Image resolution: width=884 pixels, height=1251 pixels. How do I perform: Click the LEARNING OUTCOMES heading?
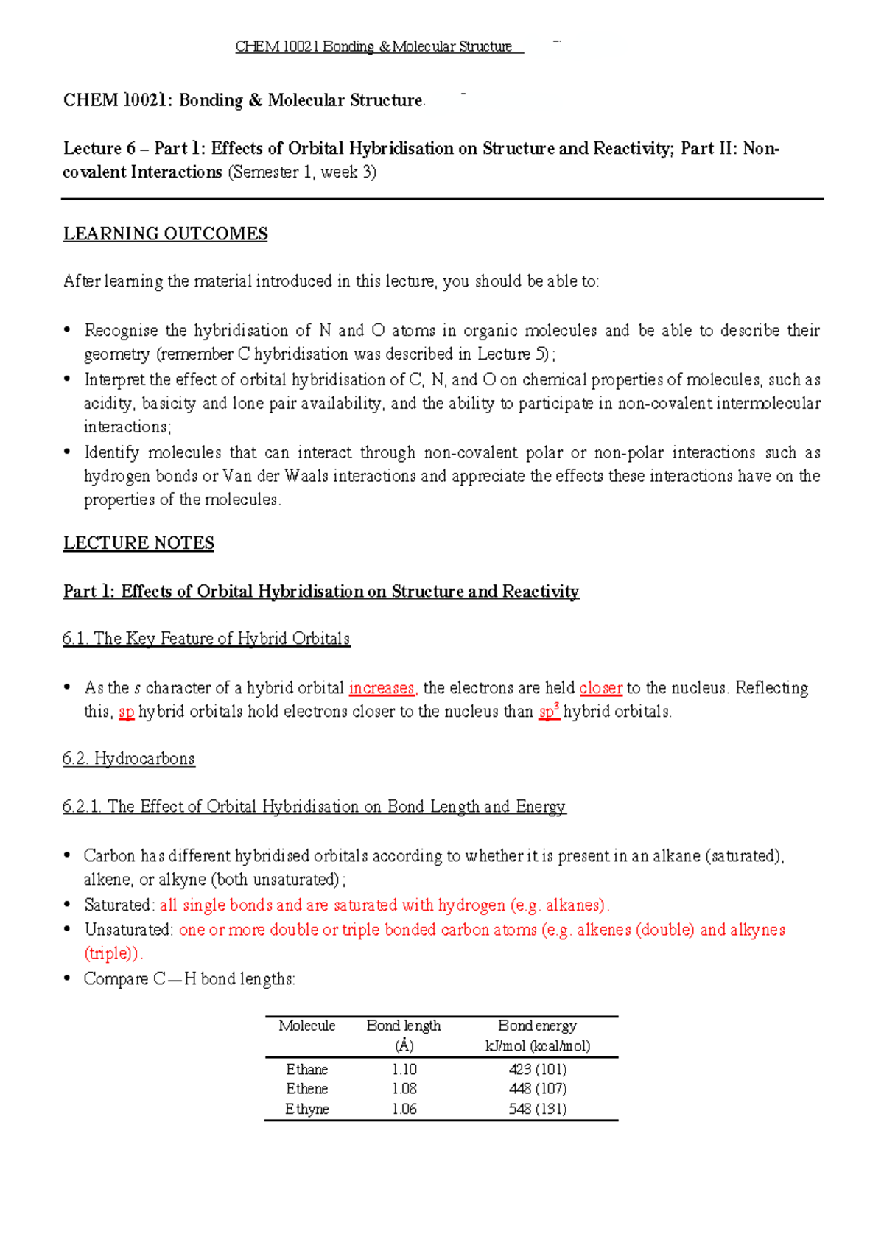[x=165, y=234]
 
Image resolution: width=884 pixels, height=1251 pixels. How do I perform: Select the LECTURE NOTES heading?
[x=138, y=543]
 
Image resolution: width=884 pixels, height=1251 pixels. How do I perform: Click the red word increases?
[x=382, y=687]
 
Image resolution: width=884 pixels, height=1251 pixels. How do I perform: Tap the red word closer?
[x=600, y=687]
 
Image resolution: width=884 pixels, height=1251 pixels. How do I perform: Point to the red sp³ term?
[x=549, y=712]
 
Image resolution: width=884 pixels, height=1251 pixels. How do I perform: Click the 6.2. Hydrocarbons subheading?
[x=129, y=758]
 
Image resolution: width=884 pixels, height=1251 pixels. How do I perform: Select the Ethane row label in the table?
[x=306, y=1069]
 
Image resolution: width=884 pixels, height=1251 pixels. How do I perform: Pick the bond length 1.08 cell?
[x=404, y=1088]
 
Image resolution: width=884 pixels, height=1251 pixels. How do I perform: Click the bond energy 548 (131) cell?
[x=537, y=1109]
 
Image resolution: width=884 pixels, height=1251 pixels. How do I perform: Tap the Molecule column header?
[x=306, y=1026]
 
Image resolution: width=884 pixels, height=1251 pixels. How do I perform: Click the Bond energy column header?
[x=537, y=1026]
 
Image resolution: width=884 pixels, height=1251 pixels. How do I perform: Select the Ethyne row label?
[x=306, y=1109]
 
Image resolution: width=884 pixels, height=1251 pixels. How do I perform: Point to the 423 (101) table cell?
[x=537, y=1069]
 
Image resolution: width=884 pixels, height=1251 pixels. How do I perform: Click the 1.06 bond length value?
[x=404, y=1109]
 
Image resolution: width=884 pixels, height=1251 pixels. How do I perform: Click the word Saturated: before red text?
[x=119, y=905]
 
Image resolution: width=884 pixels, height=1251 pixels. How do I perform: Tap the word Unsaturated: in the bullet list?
[x=129, y=930]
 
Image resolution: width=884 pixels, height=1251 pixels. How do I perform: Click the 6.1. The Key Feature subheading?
[x=206, y=638]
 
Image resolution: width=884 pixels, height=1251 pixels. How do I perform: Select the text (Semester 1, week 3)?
[x=302, y=172]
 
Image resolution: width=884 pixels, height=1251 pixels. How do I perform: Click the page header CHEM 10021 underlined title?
[x=373, y=46]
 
